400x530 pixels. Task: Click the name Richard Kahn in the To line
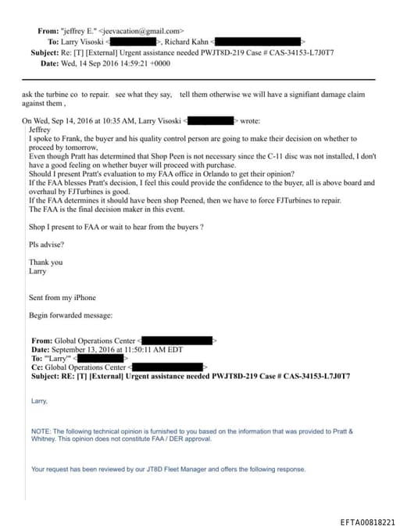pyautogui.click(x=188, y=41)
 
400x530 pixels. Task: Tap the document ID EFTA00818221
pyautogui.click(x=368, y=521)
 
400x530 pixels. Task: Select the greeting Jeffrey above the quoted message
pyautogui.click(x=40, y=131)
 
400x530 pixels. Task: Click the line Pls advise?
pyautogui.click(x=46, y=245)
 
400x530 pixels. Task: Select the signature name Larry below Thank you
pyautogui.click(x=37, y=271)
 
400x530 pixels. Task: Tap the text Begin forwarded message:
pyautogui.click(x=70, y=316)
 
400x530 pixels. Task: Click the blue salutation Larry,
pyautogui.click(x=39, y=401)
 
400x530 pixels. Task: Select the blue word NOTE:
pyautogui.click(x=41, y=432)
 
